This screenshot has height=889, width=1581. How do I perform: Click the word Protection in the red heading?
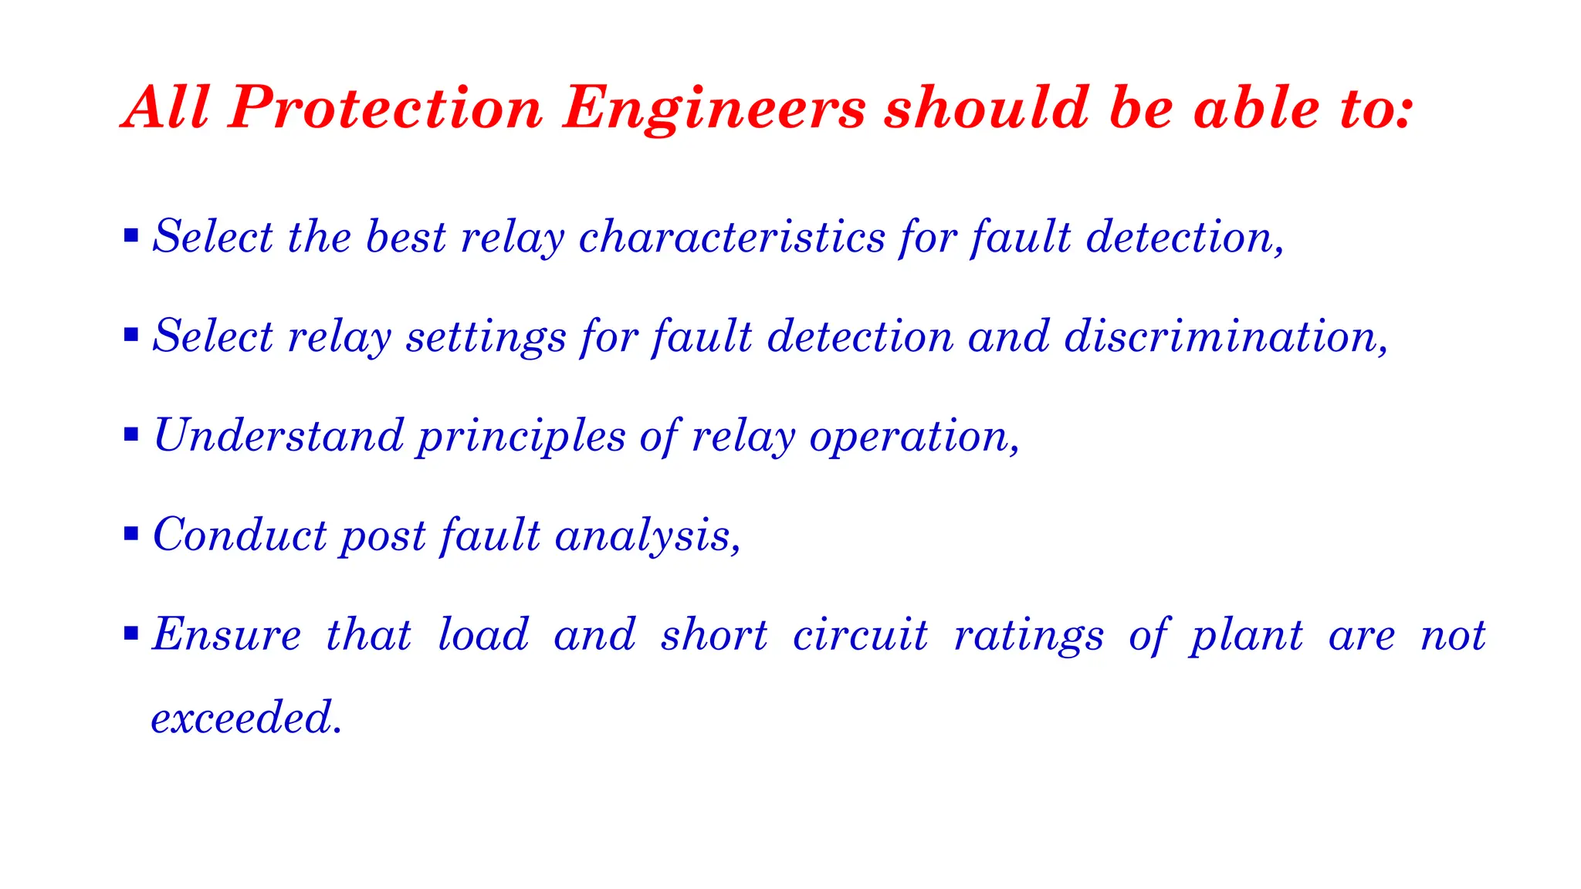(x=386, y=107)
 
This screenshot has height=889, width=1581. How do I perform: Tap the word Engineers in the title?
(x=714, y=109)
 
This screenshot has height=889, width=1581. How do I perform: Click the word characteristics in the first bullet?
(x=732, y=236)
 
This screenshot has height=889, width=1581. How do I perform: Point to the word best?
(x=406, y=236)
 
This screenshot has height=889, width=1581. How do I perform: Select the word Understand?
(x=279, y=435)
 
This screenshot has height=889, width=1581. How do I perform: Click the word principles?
(x=522, y=437)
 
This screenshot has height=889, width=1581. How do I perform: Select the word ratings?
(x=1029, y=636)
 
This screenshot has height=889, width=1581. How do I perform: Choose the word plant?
(x=1246, y=636)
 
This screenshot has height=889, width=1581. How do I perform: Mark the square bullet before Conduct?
(x=131, y=533)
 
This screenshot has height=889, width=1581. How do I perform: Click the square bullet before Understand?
(x=131, y=434)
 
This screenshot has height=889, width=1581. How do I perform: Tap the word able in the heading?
(x=1257, y=107)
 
